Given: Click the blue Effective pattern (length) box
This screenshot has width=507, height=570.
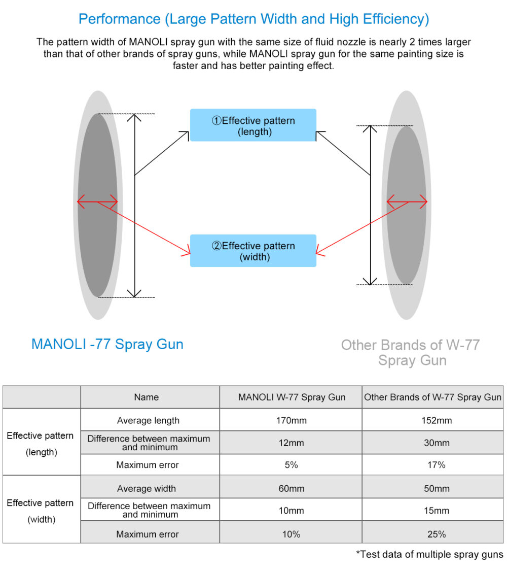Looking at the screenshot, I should coord(253,125).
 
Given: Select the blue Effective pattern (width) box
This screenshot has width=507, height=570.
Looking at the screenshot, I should coord(253,251).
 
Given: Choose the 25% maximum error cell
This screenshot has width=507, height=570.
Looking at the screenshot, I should coord(436,534).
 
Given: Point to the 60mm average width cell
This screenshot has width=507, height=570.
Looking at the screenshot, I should coord(291,488).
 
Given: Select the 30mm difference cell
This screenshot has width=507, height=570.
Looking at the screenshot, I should coord(436,443).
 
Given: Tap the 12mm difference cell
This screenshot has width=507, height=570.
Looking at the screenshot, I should coord(291,443).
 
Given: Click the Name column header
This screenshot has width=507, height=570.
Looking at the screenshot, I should coord(147,397).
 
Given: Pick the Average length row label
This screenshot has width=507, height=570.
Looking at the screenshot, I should coord(148,420).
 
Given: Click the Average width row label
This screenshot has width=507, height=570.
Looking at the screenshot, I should coord(147,488).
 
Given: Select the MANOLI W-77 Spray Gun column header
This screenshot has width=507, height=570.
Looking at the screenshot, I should coord(292,397).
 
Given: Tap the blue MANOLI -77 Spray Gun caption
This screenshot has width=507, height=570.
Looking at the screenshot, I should coord(107,344).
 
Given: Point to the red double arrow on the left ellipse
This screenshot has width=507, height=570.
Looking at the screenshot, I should coord(97,203).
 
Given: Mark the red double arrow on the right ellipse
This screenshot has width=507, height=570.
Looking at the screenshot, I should coord(407,203).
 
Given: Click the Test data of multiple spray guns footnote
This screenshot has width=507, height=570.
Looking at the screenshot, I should coord(429,554).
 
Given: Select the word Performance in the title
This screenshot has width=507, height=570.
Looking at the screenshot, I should coord(119,19).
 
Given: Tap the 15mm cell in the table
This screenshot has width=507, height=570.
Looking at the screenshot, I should coord(436,510).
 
